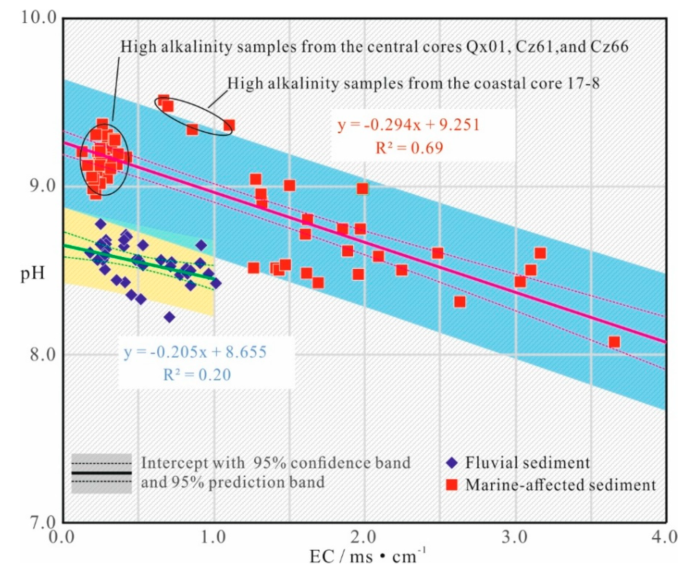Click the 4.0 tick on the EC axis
(666, 538)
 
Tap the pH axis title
(32, 272)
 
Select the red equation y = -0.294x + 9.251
(409, 125)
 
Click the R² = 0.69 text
(409, 148)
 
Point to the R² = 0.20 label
(197, 374)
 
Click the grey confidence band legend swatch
(101, 473)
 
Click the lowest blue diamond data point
(170, 317)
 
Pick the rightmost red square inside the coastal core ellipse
(229, 125)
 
